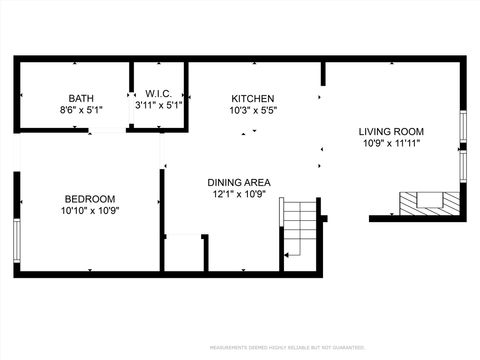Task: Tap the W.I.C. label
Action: tap(159, 92)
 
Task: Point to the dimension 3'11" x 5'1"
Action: tap(159, 105)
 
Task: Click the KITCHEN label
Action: tap(252, 98)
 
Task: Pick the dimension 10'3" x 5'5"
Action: tap(252, 111)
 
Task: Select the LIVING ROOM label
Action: tap(391, 131)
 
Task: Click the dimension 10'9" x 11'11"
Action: tap(391, 144)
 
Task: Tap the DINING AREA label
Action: tap(239, 183)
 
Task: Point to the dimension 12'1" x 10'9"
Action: tap(239, 196)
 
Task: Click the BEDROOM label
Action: tap(90, 198)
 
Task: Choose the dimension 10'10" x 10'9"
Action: tap(90, 211)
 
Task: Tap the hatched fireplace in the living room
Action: tap(430, 203)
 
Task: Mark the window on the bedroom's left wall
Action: tap(16, 240)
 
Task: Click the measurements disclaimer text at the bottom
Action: tap(287, 348)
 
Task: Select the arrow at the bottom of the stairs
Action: tap(286, 256)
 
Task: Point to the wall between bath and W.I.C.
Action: tap(131, 95)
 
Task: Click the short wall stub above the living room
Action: tap(323, 73)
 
